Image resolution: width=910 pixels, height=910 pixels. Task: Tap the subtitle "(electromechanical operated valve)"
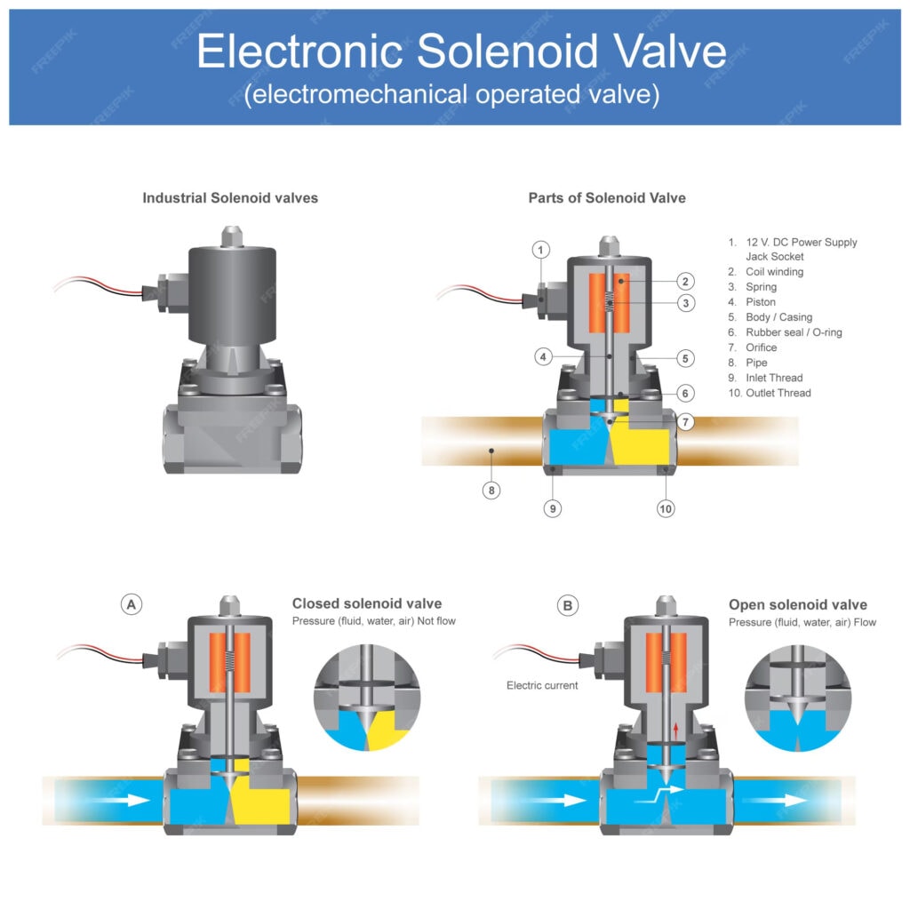[x=452, y=95]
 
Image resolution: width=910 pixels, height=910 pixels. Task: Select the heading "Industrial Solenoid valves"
[x=230, y=198]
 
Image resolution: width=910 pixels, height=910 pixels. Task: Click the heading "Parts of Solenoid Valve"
[x=607, y=198]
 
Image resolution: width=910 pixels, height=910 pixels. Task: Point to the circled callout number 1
[x=542, y=249]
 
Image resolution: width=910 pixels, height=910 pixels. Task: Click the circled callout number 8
[x=491, y=490]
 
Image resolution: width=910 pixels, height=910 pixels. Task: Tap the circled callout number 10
[x=666, y=508]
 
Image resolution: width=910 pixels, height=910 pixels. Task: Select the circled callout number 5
[x=684, y=358]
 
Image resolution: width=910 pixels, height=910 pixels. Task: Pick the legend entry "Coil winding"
[x=774, y=272]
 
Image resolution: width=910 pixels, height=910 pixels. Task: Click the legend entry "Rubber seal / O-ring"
[x=794, y=332]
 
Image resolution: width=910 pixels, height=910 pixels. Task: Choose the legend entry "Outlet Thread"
[x=778, y=393]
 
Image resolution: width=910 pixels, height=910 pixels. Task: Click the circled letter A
[x=132, y=604]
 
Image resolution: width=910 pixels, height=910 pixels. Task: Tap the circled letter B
[x=568, y=606]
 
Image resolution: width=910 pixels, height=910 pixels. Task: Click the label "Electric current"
[x=542, y=685]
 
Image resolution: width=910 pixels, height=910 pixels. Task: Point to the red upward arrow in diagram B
[x=676, y=730]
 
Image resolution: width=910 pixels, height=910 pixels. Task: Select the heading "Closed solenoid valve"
[x=367, y=604]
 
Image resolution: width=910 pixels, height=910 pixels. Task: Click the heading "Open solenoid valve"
[x=798, y=605]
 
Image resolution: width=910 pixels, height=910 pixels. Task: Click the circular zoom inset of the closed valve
[x=366, y=698]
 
